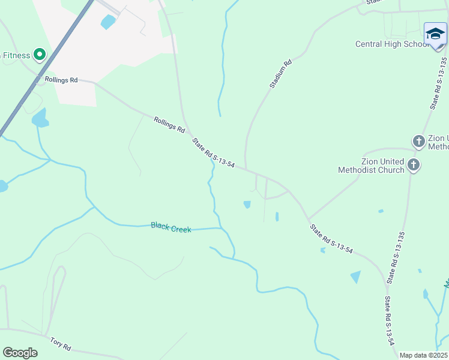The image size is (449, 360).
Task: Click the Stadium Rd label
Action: point(280,74)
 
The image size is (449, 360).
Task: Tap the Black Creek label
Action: point(171,227)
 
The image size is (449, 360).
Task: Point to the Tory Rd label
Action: point(61,344)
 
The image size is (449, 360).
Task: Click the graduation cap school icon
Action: point(435,34)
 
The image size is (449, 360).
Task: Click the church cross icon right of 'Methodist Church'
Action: point(414,164)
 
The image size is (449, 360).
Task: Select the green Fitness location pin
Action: point(40,55)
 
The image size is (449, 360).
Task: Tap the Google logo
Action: point(20,353)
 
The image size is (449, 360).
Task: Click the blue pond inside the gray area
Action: point(108,23)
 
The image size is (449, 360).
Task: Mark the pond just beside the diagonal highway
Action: point(40,118)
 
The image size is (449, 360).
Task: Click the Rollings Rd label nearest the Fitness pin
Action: point(61,79)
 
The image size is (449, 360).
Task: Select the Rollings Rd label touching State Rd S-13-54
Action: point(169,124)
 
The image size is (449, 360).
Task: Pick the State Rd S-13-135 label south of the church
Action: point(396,257)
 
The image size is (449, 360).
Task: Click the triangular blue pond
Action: point(356,277)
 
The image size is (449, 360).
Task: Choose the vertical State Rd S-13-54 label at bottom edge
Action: point(390,322)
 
